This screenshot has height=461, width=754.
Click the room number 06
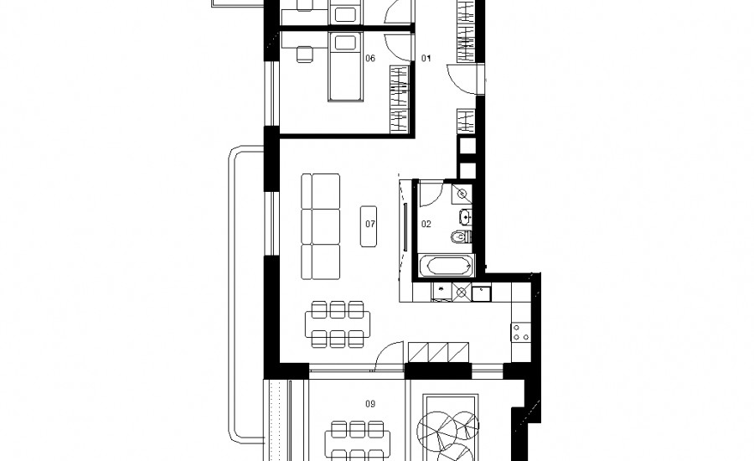369,59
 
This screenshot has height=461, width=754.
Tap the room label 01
426,59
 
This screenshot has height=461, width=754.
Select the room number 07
369,224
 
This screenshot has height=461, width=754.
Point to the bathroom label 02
426,224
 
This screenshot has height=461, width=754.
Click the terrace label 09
369,404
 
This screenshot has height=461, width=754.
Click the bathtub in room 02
447,266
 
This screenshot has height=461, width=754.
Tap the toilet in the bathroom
462,236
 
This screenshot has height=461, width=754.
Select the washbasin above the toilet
465,217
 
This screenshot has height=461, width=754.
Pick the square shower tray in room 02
462,194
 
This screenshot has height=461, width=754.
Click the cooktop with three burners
521,332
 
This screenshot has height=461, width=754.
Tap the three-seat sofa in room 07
320,226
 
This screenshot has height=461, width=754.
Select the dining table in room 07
338,324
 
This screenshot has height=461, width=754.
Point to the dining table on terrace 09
357,441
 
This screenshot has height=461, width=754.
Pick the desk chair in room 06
304,54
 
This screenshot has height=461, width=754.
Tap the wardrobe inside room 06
399,100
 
